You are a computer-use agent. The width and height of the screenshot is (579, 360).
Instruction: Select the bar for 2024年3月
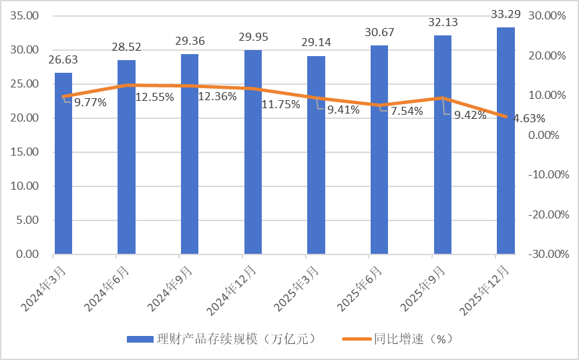point(63,164)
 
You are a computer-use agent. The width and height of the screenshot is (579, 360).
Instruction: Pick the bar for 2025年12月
point(506,141)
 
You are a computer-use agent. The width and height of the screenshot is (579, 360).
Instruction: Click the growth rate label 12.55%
point(154,97)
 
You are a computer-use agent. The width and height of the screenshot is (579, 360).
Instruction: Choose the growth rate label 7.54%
point(407,111)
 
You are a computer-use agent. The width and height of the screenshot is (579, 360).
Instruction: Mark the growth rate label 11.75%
point(280,104)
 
